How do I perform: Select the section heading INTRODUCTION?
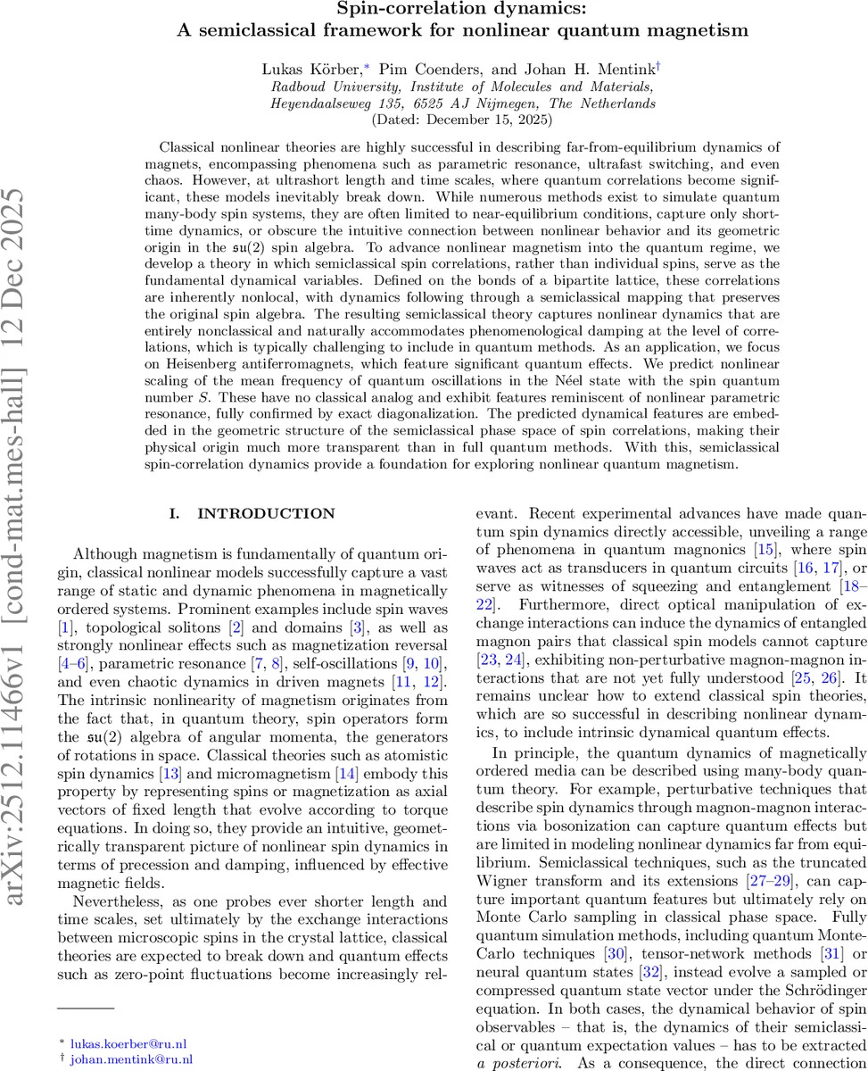coord(266,513)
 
